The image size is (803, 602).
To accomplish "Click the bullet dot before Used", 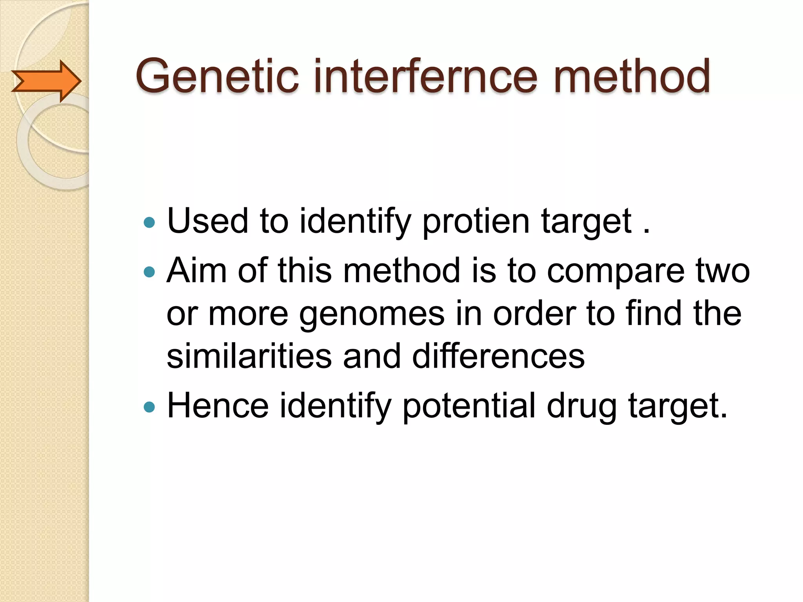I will click(149, 223).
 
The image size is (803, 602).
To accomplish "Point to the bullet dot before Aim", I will click(149, 272).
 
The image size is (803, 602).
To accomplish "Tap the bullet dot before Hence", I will click(149, 407).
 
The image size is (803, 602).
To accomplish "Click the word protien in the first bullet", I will click(476, 222).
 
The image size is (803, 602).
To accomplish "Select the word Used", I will click(208, 221).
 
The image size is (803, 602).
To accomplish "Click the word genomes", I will click(372, 314).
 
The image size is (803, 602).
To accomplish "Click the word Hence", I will click(218, 406).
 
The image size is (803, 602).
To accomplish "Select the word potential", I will click(469, 406).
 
